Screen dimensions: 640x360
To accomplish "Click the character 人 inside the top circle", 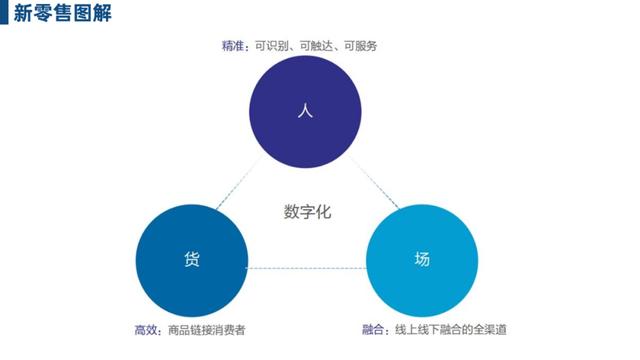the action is coord(305,111).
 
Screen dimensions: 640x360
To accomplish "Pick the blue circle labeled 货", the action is coord(192,259).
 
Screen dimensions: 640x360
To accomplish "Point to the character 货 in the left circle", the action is coord(192,259).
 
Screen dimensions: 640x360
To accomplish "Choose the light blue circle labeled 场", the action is coord(422,259).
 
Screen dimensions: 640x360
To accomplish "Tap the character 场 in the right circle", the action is coord(422,259).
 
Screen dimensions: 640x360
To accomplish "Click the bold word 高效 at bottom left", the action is coord(145,329).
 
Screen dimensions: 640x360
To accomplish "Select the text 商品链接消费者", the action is coord(206,329).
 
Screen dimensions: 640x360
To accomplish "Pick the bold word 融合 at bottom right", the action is coord(375,329).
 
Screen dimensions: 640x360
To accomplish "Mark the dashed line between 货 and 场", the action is coord(307,268).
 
